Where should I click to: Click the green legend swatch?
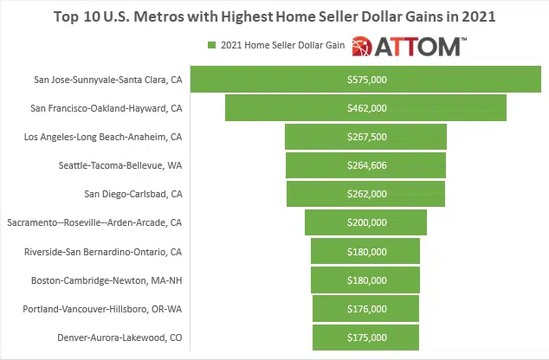[210, 45]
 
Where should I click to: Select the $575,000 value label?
[365, 80]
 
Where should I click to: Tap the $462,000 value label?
[365, 108]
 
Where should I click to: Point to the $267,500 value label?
[365, 137]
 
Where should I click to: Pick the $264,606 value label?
[365, 165]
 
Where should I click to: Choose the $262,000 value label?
[365, 194]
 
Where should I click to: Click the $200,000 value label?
[365, 222]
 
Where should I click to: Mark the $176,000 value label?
[365, 308]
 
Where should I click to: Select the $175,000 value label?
[365, 337]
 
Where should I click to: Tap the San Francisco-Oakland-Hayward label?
[106, 108]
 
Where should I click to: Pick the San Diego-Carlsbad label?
[132, 194]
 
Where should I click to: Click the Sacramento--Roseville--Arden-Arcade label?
[94, 222]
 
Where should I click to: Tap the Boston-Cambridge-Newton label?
[107, 280]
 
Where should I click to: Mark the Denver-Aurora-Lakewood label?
[119, 337]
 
